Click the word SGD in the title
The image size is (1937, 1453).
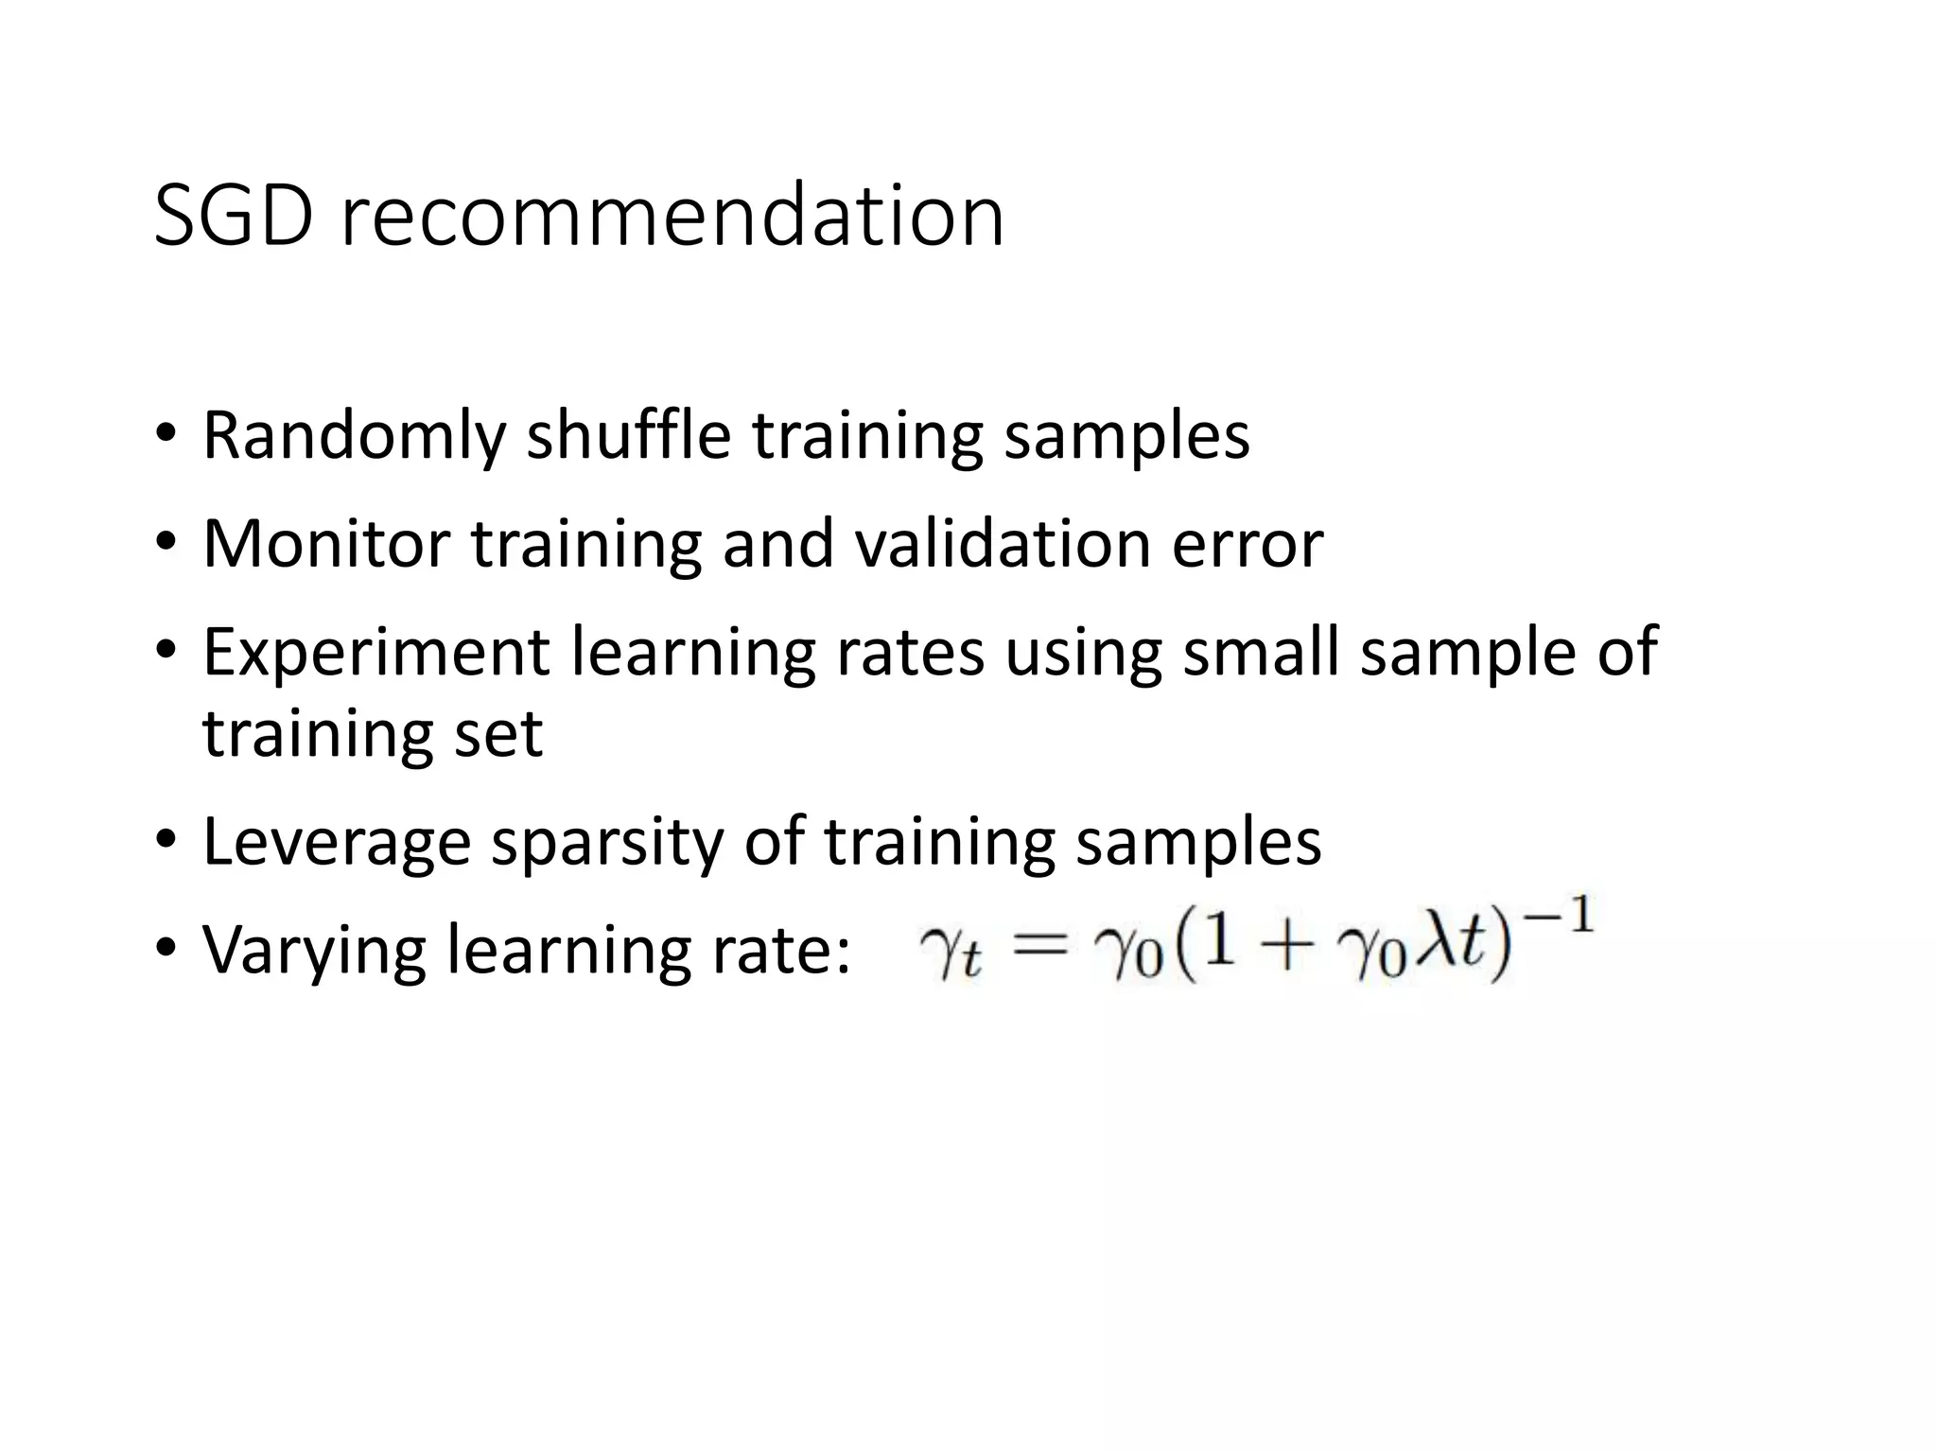233,217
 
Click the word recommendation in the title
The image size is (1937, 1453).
672,217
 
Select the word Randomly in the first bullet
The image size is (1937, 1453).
355,436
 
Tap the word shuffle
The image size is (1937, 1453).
628,436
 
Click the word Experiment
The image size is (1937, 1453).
376,654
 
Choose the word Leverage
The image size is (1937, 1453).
336,842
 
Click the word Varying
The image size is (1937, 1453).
313,951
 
